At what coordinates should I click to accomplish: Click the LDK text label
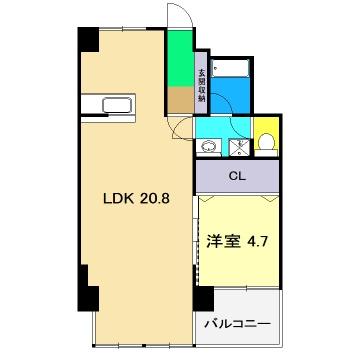(117, 198)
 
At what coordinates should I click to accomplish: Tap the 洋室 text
(221, 241)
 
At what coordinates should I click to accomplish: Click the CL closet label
(236, 178)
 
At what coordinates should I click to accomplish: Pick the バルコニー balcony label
(237, 324)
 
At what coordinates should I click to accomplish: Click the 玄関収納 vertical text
(201, 85)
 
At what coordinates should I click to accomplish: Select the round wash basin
(208, 147)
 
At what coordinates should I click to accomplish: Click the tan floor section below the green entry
(180, 101)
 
